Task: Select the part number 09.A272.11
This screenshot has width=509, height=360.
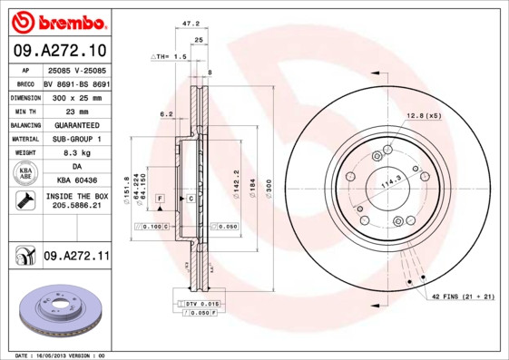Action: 76,257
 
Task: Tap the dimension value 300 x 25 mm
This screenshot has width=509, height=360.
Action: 76,96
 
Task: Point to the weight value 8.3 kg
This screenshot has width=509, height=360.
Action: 76,153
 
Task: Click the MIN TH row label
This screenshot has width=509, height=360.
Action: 24,111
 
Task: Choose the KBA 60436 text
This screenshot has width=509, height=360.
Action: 76,181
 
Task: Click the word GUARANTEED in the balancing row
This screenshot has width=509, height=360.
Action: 76,124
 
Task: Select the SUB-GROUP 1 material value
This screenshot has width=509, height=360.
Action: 76,139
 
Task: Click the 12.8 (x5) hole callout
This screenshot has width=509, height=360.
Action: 423,115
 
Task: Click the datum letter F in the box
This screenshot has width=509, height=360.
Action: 160,198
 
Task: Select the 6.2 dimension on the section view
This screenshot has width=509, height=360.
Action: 166,114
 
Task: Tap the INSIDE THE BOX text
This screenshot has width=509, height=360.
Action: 76,196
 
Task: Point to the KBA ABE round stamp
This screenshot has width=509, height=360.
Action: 24,174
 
